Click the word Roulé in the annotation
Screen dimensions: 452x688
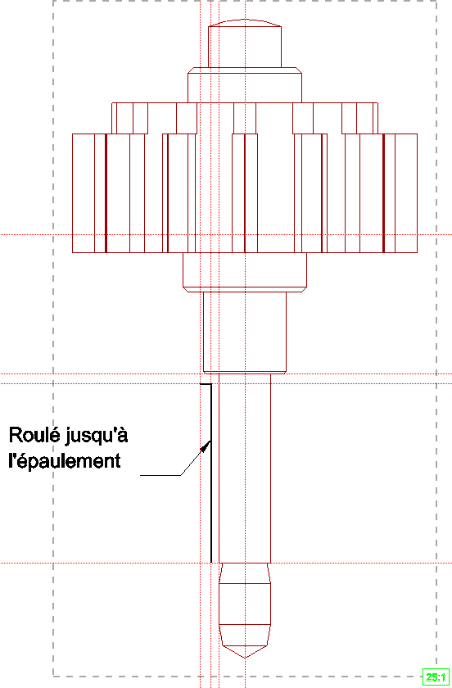pos(34,435)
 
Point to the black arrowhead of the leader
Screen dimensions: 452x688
pos(205,446)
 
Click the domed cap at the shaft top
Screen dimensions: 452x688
pos(245,23)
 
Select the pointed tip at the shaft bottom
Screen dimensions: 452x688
pos(245,652)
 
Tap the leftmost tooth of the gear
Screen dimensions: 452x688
pos(84,193)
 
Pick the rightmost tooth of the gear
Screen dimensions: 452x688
pos(406,193)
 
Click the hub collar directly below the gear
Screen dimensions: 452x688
pos(245,272)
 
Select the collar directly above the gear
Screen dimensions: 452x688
pos(245,85)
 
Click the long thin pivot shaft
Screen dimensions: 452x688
pos(245,468)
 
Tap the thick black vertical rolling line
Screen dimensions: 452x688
pos(211,473)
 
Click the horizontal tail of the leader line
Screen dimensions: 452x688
pos(160,475)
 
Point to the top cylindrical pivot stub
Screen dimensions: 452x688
pos(245,47)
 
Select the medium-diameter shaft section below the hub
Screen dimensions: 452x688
pos(245,333)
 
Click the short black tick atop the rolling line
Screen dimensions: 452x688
pos(206,384)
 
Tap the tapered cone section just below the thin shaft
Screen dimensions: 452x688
pos(245,573)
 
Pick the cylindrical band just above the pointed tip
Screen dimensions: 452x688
pos(245,604)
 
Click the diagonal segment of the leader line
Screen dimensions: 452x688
pos(196,458)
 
